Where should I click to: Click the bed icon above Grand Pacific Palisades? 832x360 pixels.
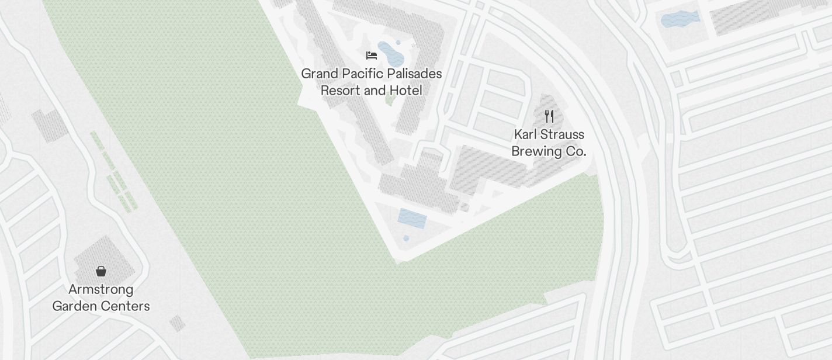click(x=372, y=56)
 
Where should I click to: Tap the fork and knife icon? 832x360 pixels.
click(x=549, y=116)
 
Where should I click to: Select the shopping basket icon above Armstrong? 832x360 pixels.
click(x=101, y=271)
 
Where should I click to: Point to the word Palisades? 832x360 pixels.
click(x=414, y=74)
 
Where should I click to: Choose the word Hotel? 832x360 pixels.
click(x=407, y=91)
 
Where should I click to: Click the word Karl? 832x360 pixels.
click(x=525, y=134)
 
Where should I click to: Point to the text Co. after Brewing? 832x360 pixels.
click(x=576, y=151)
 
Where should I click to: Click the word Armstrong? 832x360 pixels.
click(x=101, y=290)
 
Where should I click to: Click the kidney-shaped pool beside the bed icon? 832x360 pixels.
click(x=390, y=53)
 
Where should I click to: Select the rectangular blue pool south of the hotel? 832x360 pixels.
click(x=412, y=219)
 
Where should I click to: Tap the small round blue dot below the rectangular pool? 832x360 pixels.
click(x=406, y=238)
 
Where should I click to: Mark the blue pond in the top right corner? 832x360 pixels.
click(x=680, y=19)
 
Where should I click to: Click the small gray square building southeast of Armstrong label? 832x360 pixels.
click(x=177, y=323)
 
